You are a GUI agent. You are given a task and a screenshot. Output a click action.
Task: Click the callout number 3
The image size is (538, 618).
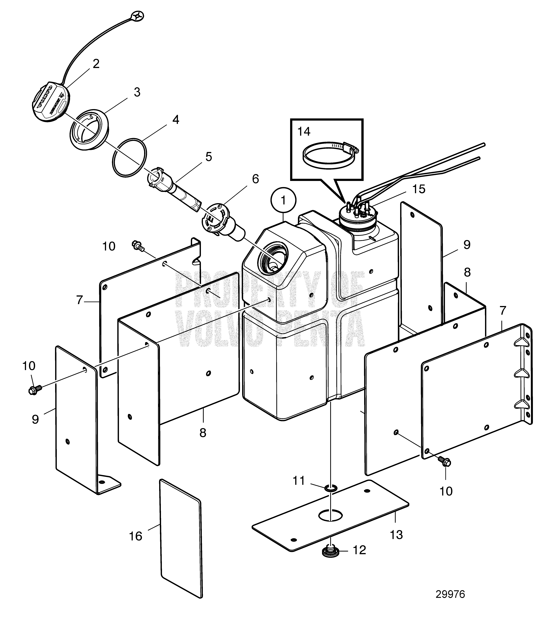coord(137,92)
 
